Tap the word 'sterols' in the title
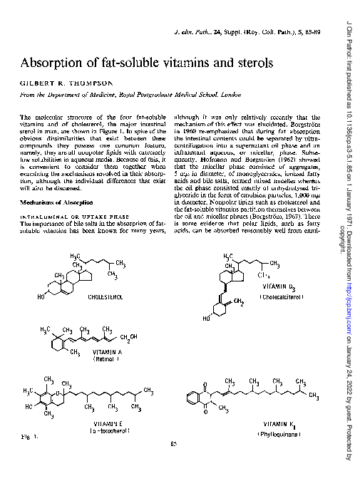click(250, 61)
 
